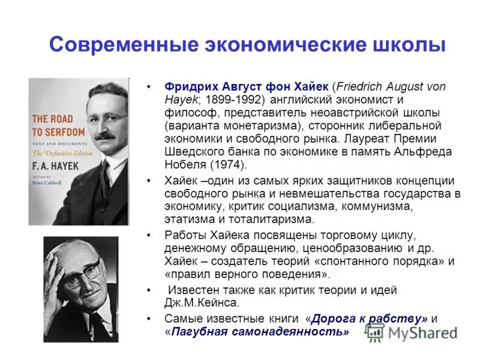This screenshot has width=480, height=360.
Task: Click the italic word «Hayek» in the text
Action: click(x=179, y=99)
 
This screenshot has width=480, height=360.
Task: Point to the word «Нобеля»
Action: click(x=184, y=164)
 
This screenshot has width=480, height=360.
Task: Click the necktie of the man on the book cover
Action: click(x=106, y=180)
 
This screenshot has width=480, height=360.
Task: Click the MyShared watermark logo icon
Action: click(x=375, y=332)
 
